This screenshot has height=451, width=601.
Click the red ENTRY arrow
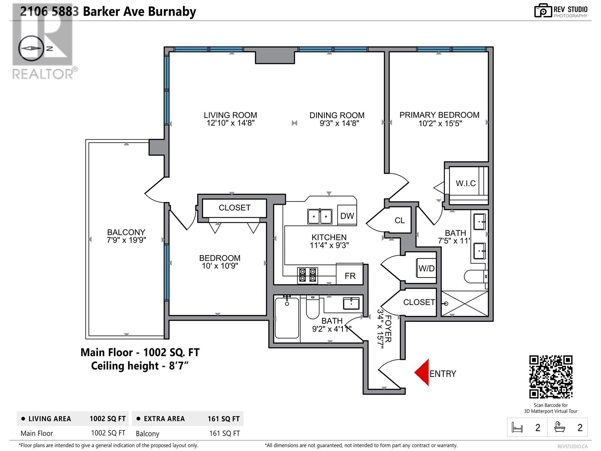click(x=423, y=372)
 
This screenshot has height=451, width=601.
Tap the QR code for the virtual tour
click(x=551, y=377)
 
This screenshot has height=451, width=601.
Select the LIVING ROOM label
click(x=230, y=115)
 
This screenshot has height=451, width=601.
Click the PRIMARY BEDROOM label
click(x=439, y=115)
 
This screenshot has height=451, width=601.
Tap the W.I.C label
click(x=465, y=183)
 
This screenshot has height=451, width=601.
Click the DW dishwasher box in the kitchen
click(x=347, y=216)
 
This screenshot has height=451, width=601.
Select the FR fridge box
click(x=350, y=276)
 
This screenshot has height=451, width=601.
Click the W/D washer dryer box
click(x=426, y=268)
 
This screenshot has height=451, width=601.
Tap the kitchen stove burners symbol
click(x=307, y=275)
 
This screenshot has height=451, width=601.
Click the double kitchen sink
click(x=320, y=216)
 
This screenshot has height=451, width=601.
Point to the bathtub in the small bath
click(x=287, y=318)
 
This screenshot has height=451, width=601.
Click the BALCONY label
click(x=126, y=232)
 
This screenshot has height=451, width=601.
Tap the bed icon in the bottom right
click(x=517, y=428)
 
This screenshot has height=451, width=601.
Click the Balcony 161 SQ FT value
click(x=224, y=433)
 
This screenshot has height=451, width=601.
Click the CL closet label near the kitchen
click(x=400, y=221)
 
